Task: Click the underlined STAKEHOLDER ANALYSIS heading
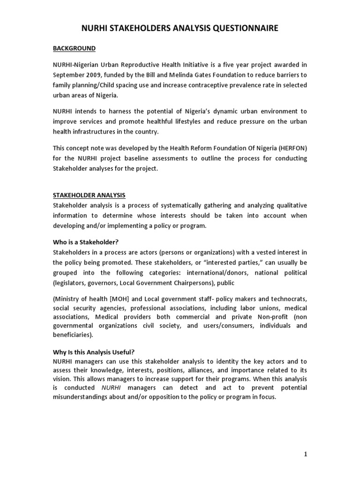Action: point(89,195)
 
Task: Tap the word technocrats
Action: point(287,299)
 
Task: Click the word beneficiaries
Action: point(72,335)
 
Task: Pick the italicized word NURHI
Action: point(112,388)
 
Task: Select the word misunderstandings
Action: point(83,397)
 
